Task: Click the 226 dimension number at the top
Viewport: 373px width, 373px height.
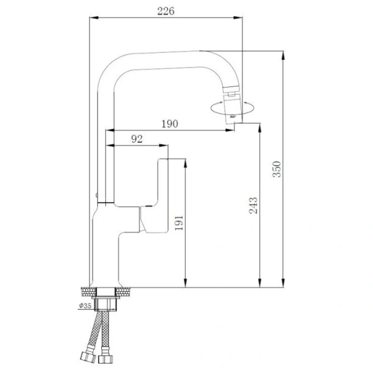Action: pyautogui.click(x=165, y=11)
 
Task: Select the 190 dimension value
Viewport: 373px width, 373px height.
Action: pyautogui.click(x=169, y=123)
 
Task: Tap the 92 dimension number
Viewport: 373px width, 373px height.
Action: pyautogui.click(x=137, y=139)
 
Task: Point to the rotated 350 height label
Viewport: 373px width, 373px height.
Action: pyautogui.click(x=278, y=169)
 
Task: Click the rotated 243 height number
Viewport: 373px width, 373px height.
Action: pyautogui.click(x=254, y=206)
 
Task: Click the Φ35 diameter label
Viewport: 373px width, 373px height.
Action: pyautogui.click(x=85, y=305)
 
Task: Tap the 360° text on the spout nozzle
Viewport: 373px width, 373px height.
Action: pyautogui.click(x=231, y=116)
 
